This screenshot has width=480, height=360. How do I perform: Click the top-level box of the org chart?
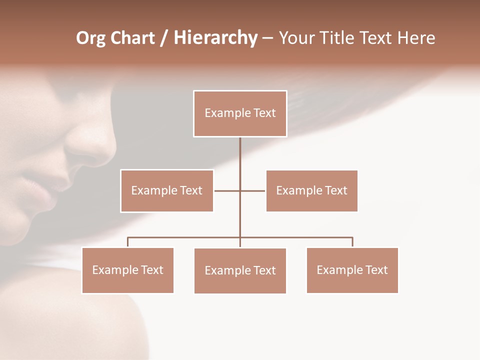[x=240, y=113]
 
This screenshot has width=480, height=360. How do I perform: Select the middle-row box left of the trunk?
[x=167, y=190]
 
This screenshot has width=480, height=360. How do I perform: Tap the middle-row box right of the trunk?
[x=311, y=190]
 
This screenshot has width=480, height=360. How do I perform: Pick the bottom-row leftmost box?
[x=127, y=270]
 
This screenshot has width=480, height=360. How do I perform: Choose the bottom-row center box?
[x=240, y=270]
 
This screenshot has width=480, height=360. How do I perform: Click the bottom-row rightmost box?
[x=352, y=270]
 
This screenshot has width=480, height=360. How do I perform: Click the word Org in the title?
[x=90, y=38]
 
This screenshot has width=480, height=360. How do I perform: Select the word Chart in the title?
[x=132, y=38]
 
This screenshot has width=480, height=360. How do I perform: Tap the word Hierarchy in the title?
[x=215, y=38]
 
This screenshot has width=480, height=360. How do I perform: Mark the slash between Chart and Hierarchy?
[x=164, y=38]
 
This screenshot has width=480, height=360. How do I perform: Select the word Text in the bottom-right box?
[x=376, y=270]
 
